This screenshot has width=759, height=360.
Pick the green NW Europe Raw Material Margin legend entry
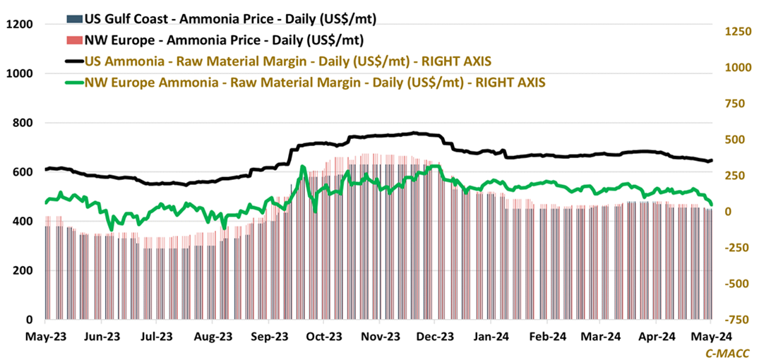[315, 82]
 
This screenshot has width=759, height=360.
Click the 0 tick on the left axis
[32, 320]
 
